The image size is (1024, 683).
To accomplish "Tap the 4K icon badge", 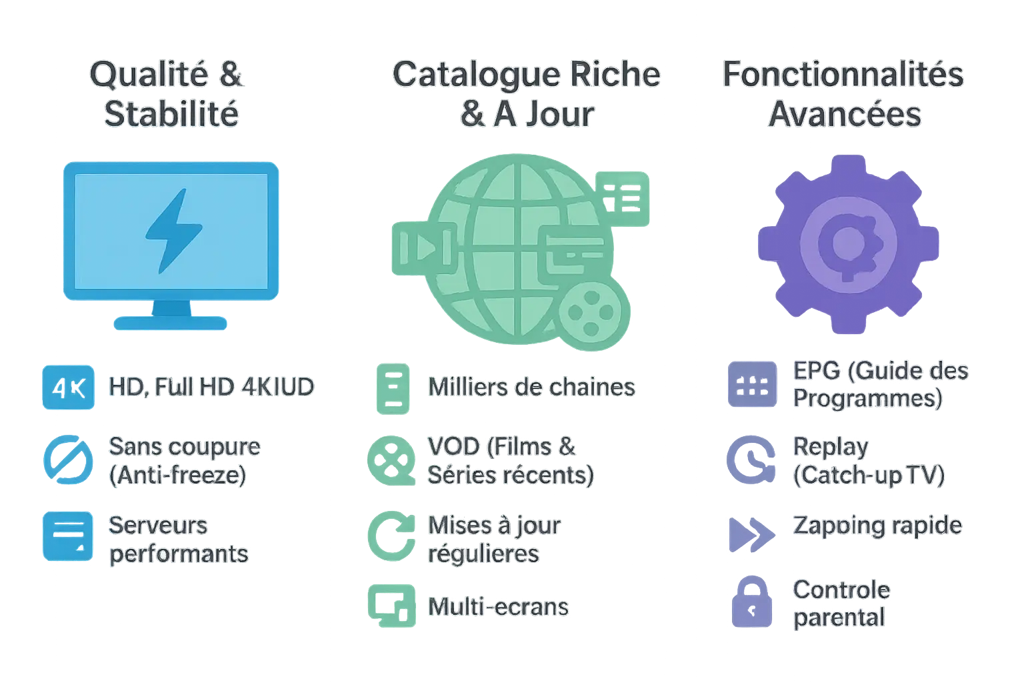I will pos(67,387).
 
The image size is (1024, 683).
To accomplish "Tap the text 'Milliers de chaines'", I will pos(531,387).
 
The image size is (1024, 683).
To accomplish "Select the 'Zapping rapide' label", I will pos(877,526).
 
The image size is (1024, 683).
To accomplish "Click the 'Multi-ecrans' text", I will pos(498,607).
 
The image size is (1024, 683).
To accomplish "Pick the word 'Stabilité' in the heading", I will pos(172,114).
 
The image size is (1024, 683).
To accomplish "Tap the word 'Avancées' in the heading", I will pos(845,114).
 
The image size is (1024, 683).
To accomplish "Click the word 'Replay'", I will pos(831,447).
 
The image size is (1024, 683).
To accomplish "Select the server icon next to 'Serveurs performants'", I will pos(67,536).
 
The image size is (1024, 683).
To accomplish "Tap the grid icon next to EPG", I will pos(752,385).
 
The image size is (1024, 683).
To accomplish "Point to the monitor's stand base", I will pos(171,323).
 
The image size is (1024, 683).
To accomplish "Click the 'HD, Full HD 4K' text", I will pos(211,387).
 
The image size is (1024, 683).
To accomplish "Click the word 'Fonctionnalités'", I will pos(843,75).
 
